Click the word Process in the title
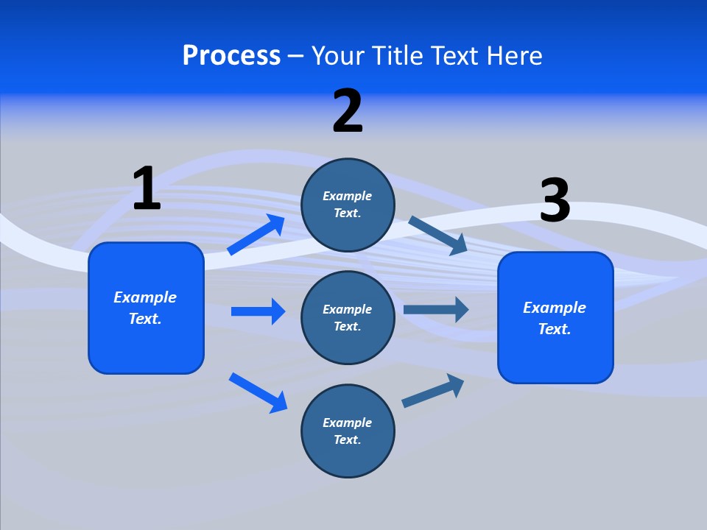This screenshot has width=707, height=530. [231, 56]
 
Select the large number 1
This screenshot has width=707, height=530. [147, 189]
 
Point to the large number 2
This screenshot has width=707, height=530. [348, 112]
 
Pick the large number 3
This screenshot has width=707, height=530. [555, 201]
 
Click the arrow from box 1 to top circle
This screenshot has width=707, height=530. [256, 235]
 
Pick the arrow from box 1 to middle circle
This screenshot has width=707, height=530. [258, 311]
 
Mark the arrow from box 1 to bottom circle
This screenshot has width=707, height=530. [258, 392]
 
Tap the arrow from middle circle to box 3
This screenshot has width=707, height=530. [436, 309]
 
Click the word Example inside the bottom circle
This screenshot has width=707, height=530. [348, 423]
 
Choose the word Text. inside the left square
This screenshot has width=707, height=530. [145, 319]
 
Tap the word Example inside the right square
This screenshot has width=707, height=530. [555, 308]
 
